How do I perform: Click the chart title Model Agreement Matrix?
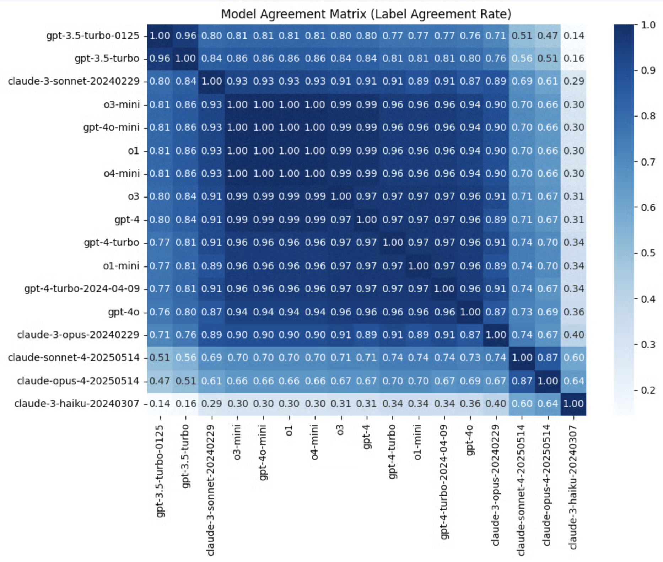coord(366,14)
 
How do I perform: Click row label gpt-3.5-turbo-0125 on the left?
coord(93,36)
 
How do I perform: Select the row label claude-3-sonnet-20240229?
coord(74,81)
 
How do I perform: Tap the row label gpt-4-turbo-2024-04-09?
coord(82,288)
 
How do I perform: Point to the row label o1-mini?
coord(121,266)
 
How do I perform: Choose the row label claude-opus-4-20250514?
coord(78,381)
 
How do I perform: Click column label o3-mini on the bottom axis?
coord(237,442)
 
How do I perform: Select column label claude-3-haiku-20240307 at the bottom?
coord(573,487)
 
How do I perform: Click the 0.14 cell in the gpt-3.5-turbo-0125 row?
coord(573,36)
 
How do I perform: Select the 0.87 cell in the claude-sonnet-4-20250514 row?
coord(548,358)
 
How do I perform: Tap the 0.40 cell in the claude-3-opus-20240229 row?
coord(573,335)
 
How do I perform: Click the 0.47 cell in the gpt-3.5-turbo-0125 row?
coord(548,36)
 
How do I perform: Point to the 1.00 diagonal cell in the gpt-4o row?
coord(470,312)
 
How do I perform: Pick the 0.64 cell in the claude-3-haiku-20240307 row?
coord(548,404)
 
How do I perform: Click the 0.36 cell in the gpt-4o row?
coord(573,312)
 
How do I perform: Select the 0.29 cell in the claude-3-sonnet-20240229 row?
coord(573,81)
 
